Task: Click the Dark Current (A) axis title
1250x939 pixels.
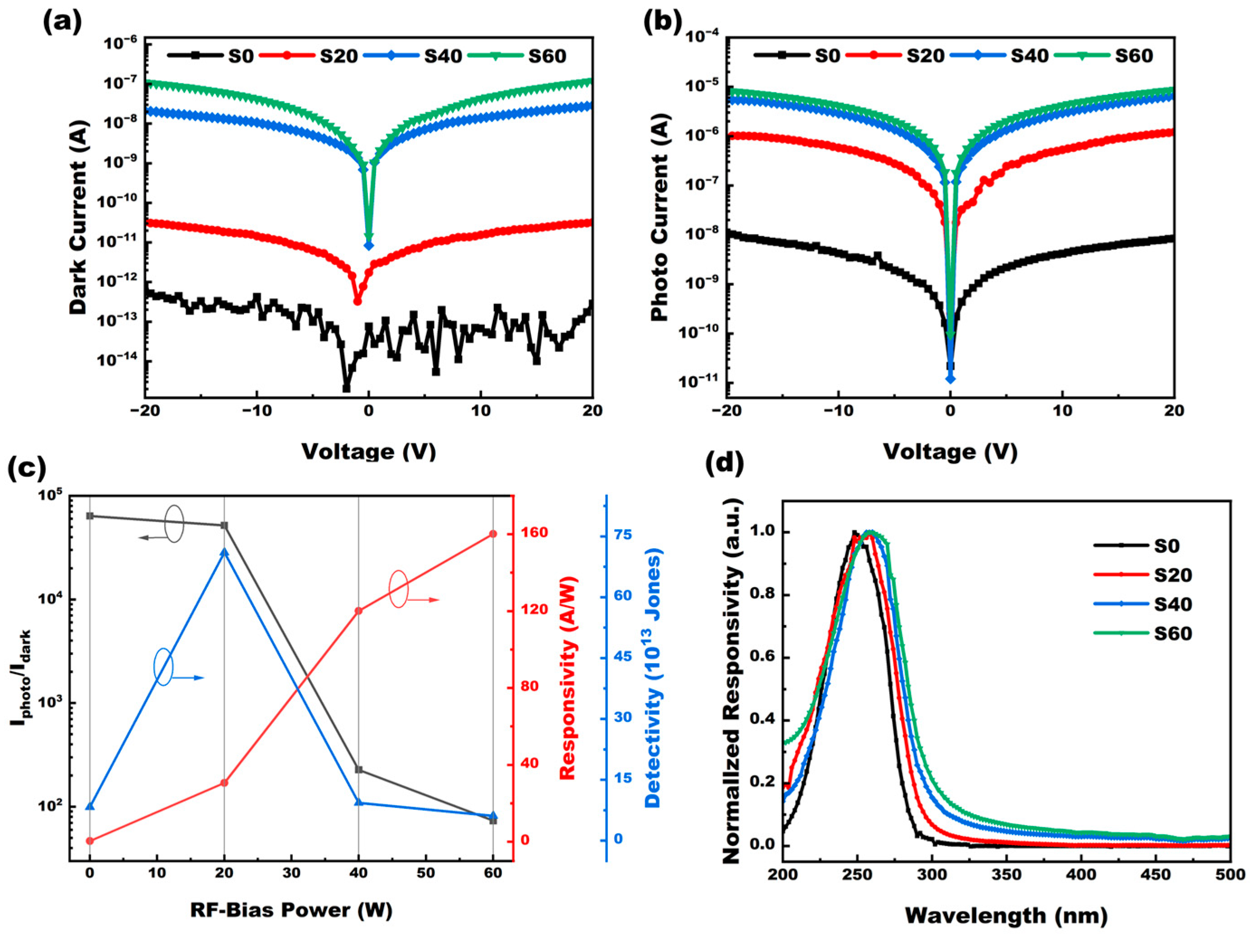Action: pos(79,218)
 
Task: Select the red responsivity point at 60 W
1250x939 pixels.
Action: pos(493,534)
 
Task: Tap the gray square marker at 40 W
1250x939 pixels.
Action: pos(359,769)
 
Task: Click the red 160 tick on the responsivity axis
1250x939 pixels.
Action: pos(534,533)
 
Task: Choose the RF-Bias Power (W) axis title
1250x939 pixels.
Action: pos(291,910)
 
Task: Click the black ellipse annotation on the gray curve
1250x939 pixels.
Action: pos(174,523)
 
